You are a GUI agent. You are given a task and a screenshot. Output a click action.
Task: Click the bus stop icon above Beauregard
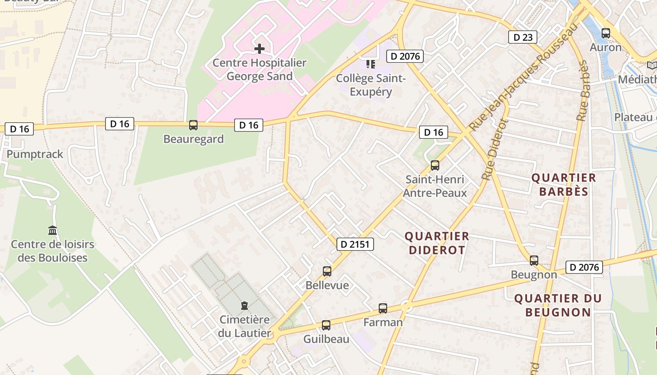(x=193, y=125)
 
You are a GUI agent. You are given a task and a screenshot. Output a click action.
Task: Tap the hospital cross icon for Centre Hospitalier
(x=259, y=49)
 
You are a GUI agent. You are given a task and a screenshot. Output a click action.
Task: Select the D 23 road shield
(x=522, y=37)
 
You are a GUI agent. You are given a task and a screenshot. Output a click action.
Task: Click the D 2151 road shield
(x=355, y=244)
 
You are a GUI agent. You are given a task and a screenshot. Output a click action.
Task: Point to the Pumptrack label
(x=35, y=154)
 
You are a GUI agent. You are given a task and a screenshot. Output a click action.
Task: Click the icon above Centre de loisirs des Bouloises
(x=53, y=231)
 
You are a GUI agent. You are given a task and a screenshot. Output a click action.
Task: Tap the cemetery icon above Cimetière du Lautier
(x=244, y=306)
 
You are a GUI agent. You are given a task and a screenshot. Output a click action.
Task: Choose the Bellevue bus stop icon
(x=327, y=271)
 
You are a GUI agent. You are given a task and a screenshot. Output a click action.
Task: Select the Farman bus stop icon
(x=383, y=308)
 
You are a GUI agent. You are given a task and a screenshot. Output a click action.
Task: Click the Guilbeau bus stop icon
(x=326, y=325)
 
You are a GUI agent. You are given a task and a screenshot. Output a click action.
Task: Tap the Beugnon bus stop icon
(x=534, y=261)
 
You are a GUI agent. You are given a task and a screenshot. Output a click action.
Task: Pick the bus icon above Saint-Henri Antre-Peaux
(x=435, y=165)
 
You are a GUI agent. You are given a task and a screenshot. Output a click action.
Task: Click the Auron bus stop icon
(x=605, y=33)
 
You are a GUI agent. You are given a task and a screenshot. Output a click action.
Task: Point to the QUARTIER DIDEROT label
(x=436, y=243)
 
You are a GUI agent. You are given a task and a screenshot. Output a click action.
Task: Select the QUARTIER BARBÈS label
(x=563, y=185)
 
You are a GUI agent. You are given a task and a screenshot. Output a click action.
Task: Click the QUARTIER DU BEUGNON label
(x=558, y=305)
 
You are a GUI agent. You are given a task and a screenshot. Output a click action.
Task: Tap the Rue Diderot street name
(x=495, y=150)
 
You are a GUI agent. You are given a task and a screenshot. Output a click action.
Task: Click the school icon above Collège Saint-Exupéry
(x=371, y=64)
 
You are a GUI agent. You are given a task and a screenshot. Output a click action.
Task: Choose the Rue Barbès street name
(x=583, y=91)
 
